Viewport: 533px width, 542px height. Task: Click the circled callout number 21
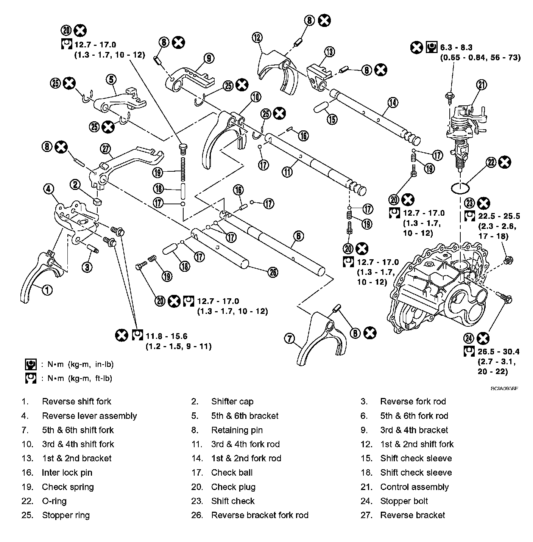[481, 85]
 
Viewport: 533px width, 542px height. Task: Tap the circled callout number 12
[257, 37]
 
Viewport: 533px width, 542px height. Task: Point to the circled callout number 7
[289, 338]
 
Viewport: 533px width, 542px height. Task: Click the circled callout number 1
[47, 290]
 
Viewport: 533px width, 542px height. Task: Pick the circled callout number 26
[272, 272]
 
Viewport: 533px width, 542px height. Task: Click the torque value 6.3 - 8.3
[460, 48]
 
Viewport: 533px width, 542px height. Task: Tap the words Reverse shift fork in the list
[76, 401]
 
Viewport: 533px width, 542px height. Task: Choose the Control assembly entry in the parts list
[415, 487]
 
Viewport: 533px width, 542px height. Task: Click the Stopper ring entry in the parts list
[66, 515]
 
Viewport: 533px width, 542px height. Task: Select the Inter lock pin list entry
[67, 473]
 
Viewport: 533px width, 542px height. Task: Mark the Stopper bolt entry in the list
[404, 501]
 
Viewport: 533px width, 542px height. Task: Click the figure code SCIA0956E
[505, 388]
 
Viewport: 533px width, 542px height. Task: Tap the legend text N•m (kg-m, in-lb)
[80, 364]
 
